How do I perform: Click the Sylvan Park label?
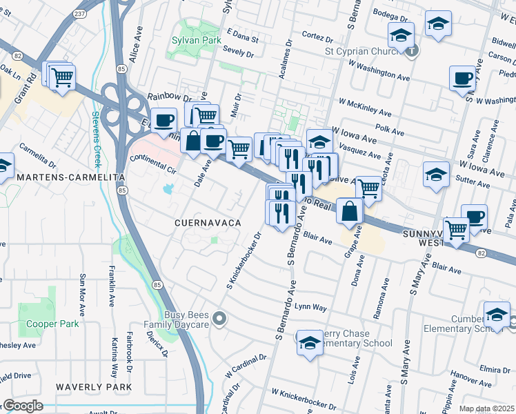tap(197, 41)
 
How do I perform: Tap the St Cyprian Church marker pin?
tap(412, 50)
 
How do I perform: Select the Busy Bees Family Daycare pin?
tap(219, 318)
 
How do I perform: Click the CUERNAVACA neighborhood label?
tap(207, 223)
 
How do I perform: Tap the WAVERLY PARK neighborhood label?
tap(94, 387)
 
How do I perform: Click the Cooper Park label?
tap(52, 324)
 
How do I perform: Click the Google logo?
tap(22, 406)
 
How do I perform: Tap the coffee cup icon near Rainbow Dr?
tap(163, 120)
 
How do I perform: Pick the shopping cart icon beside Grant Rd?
tap(62, 75)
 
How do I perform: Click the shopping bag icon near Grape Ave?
tap(350, 210)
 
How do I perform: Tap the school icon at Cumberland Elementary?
tap(497, 314)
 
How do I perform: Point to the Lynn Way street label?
tap(310, 306)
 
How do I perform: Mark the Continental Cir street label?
tap(154, 164)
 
